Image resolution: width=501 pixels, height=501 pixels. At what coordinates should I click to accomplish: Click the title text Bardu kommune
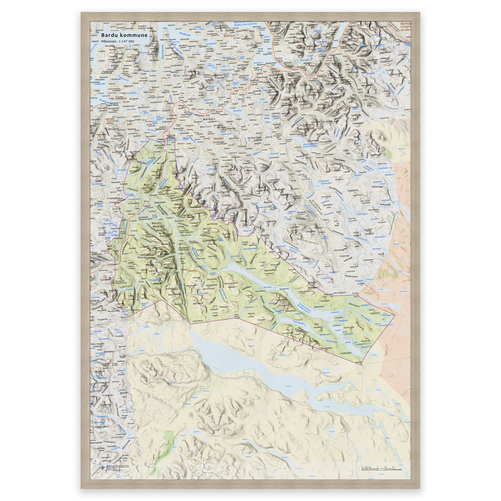click(x=124, y=35)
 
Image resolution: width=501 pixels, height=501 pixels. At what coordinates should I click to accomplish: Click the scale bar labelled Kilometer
click(x=379, y=468)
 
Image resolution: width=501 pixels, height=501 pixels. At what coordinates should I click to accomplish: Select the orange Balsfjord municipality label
click(x=230, y=36)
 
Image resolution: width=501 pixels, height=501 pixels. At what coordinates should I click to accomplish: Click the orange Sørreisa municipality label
click(x=112, y=121)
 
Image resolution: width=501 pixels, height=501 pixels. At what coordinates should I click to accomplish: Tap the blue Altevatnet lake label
click(x=305, y=306)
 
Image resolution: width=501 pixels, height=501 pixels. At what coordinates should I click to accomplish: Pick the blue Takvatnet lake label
click(x=237, y=111)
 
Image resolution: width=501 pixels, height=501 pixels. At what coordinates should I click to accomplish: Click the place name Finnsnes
click(x=100, y=80)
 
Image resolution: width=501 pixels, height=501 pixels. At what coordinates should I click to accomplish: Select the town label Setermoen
click(x=160, y=202)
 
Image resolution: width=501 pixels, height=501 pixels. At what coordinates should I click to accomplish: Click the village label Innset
click(x=215, y=269)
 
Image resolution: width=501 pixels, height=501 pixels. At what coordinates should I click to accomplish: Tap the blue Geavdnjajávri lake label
click(x=299, y=323)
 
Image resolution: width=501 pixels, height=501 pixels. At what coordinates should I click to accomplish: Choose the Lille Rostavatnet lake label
click(x=311, y=144)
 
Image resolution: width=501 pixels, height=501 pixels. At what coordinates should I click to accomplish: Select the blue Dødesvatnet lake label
click(x=323, y=181)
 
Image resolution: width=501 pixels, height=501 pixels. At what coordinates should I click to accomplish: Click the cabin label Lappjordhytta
click(x=198, y=321)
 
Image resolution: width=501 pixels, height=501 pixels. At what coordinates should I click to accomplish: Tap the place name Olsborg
click(x=170, y=103)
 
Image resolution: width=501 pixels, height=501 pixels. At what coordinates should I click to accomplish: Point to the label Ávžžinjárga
click(x=346, y=353)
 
